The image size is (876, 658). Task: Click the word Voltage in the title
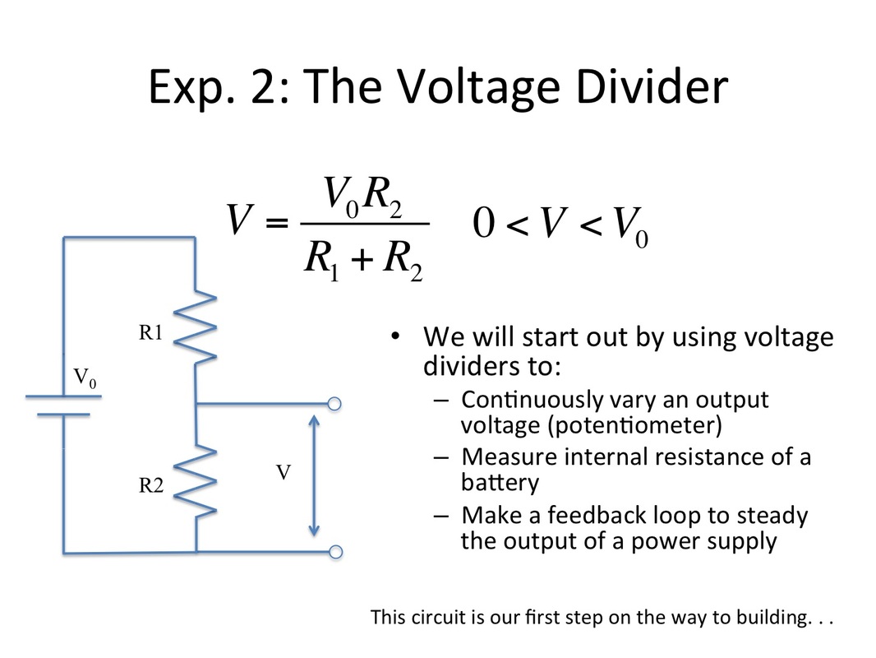478,88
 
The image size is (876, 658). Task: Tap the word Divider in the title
652,86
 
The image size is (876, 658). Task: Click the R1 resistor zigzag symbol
195,327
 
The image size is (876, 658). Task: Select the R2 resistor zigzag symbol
195,481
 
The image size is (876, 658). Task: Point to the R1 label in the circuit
150,332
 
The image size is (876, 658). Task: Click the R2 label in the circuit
151,484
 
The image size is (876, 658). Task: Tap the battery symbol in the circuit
64,405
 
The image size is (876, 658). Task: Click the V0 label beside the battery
85,378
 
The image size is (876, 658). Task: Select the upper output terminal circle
334,404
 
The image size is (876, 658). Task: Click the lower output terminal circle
335,552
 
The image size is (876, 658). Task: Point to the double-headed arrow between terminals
314,475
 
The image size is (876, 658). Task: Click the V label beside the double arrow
284,473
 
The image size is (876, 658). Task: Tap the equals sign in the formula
277,223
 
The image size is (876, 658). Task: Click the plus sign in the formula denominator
362,259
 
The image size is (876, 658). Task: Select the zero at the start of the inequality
483,223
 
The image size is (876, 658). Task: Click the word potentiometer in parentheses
636,425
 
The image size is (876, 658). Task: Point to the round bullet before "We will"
395,336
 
